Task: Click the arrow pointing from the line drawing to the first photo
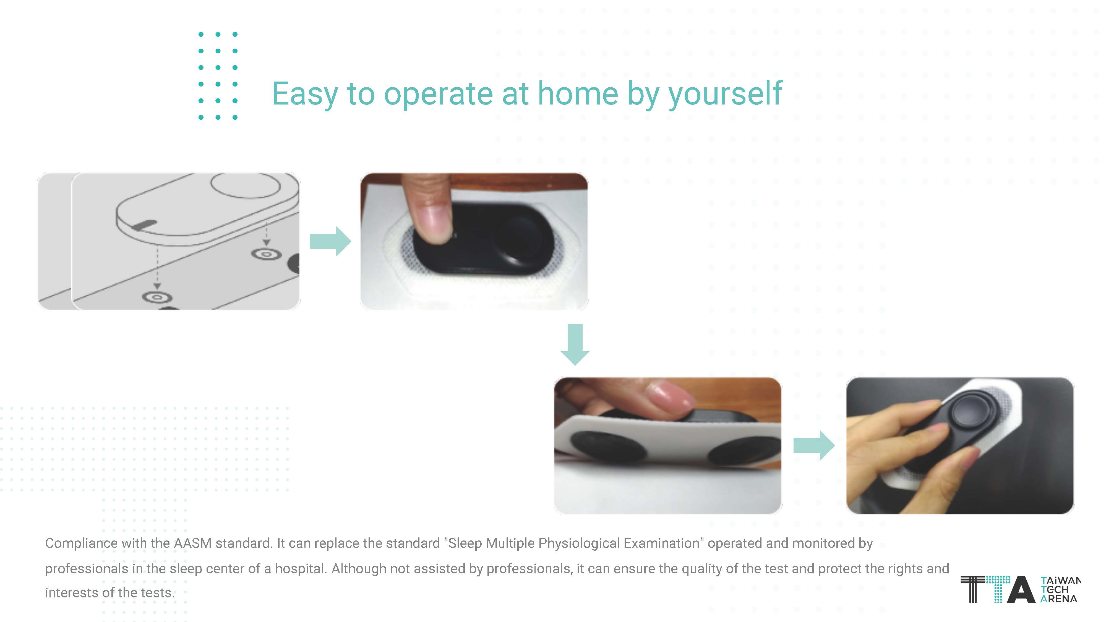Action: click(x=330, y=241)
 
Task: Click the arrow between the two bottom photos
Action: click(x=814, y=446)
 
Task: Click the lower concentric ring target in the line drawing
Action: click(x=157, y=297)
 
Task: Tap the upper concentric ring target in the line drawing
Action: click(x=266, y=254)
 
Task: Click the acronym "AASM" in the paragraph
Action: click(x=192, y=543)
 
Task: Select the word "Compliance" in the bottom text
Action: click(x=81, y=544)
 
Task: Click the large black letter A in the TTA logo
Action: click(x=1021, y=589)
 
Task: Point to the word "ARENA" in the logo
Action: click(x=1058, y=599)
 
